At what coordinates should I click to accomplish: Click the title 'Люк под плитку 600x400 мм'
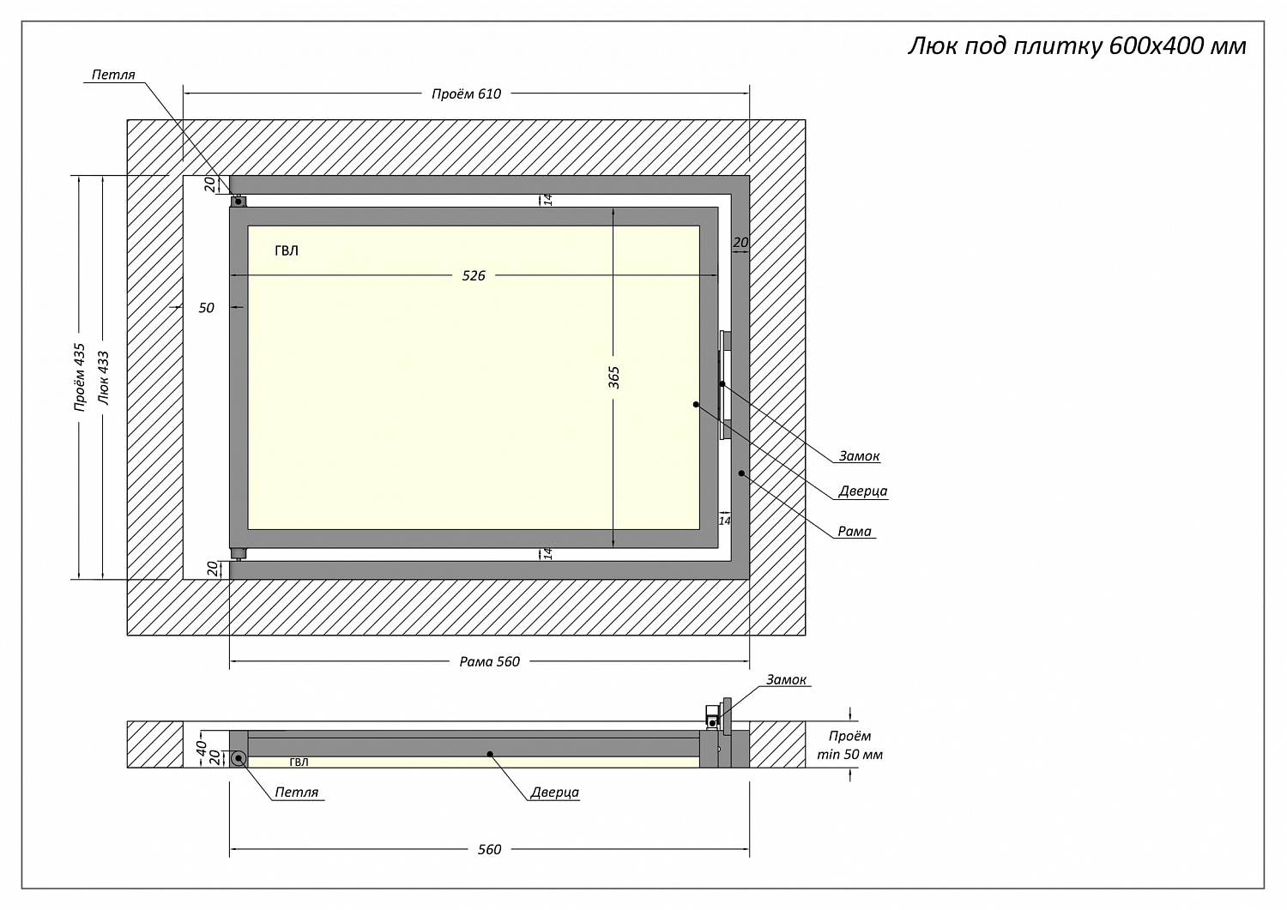pyautogui.click(x=1076, y=45)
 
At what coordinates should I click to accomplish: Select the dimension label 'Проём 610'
pyautogui.click(x=466, y=93)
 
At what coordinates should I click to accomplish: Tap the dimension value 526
pyautogui.click(x=474, y=275)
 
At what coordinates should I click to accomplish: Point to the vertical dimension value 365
pyautogui.click(x=613, y=377)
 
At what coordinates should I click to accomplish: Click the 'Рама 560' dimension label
pyautogui.click(x=489, y=661)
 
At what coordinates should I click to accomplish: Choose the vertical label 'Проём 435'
pyautogui.click(x=80, y=377)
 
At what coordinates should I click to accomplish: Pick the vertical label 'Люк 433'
pyautogui.click(x=103, y=377)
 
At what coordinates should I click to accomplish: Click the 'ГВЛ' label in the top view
pyautogui.click(x=287, y=251)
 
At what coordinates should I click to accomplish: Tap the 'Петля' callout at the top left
pyautogui.click(x=113, y=75)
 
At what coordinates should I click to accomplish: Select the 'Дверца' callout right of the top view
pyautogui.click(x=862, y=491)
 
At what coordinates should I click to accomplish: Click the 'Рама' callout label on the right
pyautogui.click(x=855, y=532)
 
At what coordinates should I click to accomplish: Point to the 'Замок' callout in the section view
pyautogui.click(x=786, y=680)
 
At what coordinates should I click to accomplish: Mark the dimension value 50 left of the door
pyautogui.click(x=207, y=308)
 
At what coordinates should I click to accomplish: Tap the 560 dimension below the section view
pyautogui.click(x=489, y=849)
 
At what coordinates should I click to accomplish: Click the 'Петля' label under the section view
pyautogui.click(x=297, y=792)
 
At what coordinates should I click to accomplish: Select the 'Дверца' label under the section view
pyautogui.click(x=554, y=792)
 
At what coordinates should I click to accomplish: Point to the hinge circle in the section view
pyautogui.click(x=238, y=758)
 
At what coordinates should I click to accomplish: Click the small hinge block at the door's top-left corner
pyautogui.click(x=239, y=202)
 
